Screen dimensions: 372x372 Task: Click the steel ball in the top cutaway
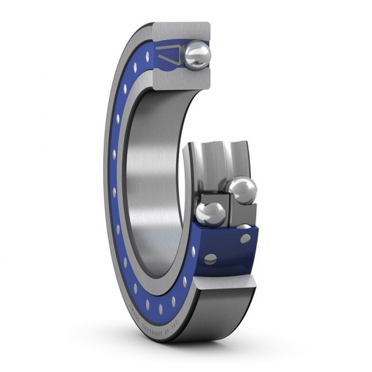(x=197, y=55)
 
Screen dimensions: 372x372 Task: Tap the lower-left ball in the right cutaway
(x=210, y=213)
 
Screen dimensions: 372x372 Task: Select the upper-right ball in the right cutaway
(x=242, y=190)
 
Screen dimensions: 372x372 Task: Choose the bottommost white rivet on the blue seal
(x=161, y=309)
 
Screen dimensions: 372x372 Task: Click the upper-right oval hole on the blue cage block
(x=245, y=239)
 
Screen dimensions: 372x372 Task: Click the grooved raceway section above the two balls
(x=218, y=160)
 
